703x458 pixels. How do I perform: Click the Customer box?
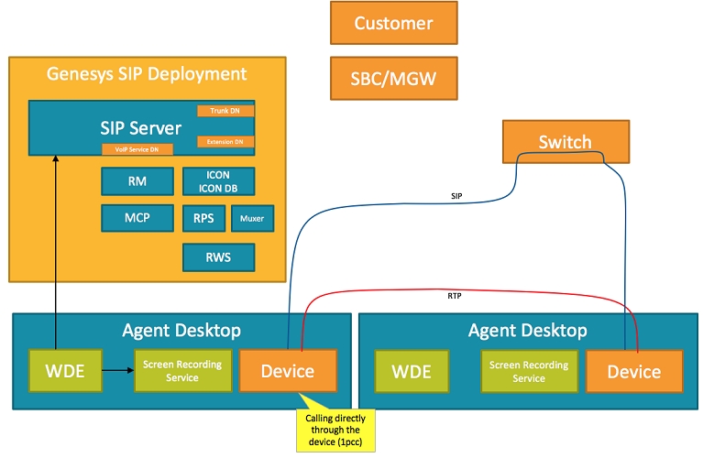click(393, 23)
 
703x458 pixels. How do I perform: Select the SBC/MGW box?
click(393, 79)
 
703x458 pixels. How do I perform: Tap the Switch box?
click(566, 142)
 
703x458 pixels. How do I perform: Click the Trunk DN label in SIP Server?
click(225, 111)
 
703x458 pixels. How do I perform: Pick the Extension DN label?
click(225, 142)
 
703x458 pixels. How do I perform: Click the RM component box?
click(137, 181)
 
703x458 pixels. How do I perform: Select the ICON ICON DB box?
click(219, 181)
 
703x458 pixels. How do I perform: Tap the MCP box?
click(137, 219)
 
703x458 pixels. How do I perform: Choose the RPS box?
click(203, 219)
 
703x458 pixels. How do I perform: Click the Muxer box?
click(252, 219)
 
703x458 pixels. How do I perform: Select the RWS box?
click(219, 257)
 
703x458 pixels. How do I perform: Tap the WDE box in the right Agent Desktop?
click(412, 372)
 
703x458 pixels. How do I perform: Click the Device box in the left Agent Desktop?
click(288, 371)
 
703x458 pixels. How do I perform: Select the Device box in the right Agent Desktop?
click(633, 372)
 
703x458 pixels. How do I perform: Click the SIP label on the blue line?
click(456, 196)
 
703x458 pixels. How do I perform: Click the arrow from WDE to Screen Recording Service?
click(117, 371)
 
